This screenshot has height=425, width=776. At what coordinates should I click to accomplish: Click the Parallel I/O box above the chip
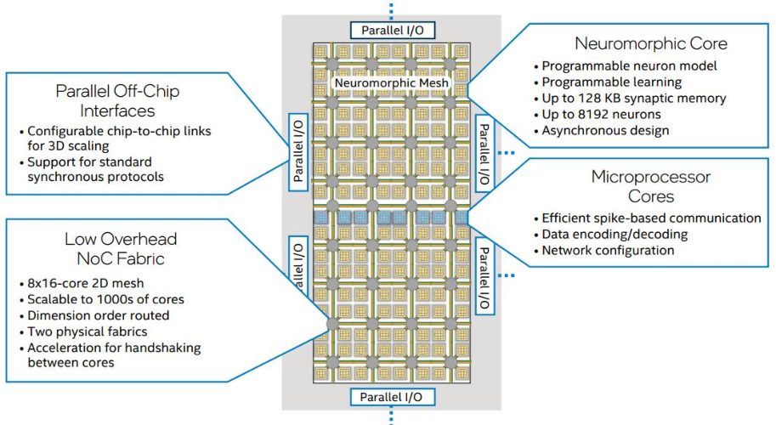(393, 31)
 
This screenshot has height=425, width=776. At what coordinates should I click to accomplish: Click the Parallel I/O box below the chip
(393, 397)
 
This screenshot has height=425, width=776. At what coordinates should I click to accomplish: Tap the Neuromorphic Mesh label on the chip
(392, 83)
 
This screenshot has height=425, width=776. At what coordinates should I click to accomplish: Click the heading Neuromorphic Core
(651, 43)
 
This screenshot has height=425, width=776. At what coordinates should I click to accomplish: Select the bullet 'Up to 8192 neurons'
(598, 114)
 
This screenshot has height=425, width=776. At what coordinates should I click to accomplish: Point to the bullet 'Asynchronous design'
(601, 131)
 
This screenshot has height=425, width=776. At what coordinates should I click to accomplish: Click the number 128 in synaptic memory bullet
(590, 99)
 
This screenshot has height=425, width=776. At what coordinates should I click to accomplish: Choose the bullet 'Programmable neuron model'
(626, 65)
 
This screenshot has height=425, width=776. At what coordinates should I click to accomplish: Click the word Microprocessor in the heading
(651, 177)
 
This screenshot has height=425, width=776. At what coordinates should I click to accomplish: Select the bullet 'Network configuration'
(604, 251)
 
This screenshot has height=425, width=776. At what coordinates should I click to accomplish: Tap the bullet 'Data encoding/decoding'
(611, 234)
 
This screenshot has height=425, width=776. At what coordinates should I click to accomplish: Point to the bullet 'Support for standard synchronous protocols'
(92, 169)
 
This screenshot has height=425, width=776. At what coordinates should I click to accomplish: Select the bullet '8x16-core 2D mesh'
(82, 283)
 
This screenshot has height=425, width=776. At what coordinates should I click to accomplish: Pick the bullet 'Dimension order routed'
(94, 315)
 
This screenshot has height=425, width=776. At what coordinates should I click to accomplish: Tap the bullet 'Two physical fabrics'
(83, 331)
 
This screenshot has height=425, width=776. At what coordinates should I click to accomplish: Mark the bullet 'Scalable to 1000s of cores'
(102, 299)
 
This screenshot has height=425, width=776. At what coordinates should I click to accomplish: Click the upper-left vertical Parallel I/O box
(298, 152)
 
